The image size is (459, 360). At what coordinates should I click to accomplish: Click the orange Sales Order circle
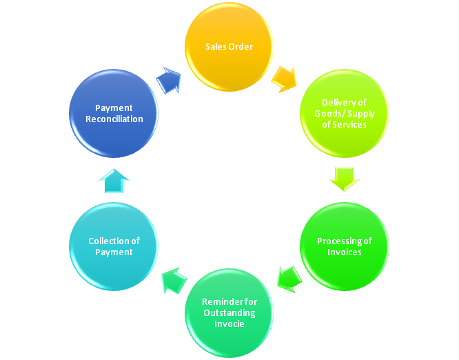(229, 47)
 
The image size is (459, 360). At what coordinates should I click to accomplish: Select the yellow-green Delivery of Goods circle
(344, 114)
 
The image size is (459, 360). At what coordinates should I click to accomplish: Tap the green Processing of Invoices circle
(344, 246)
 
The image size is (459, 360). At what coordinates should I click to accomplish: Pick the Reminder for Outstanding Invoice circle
(229, 313)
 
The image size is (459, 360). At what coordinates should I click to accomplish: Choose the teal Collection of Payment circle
(114, 246)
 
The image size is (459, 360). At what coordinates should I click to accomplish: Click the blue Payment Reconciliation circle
(114, 114)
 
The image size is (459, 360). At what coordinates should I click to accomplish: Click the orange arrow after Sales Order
(284, 78)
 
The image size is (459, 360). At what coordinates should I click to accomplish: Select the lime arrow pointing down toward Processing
(343, 177)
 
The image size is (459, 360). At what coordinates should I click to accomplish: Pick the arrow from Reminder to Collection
(174, 279)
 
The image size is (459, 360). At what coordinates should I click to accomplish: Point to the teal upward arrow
(114, 181)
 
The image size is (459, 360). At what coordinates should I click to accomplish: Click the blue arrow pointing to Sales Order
(169, 80)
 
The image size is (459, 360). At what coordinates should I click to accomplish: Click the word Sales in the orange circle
(216, 47)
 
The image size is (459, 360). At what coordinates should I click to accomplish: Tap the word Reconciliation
(114, 119)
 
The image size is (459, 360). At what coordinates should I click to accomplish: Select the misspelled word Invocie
(229, 323)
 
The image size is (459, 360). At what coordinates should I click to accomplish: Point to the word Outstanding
(229, 313)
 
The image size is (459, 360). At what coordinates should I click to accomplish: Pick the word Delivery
(339, 103)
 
